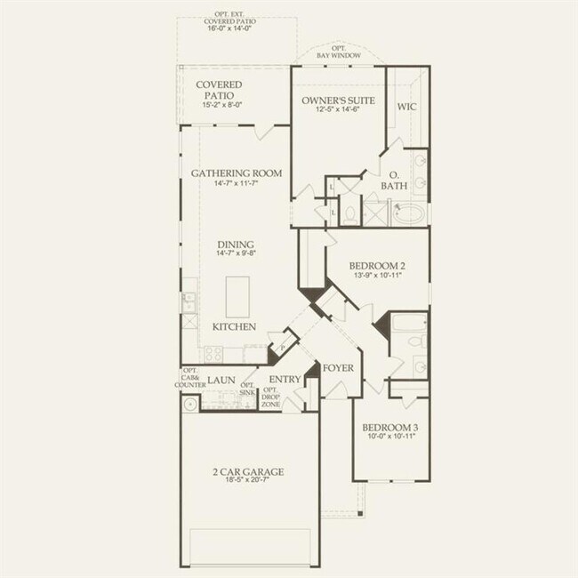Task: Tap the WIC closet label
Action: [x=406, y=107]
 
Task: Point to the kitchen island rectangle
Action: [x=237, y=296]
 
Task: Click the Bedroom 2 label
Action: [x=377, y=266]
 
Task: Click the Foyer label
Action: [x=339, y=367]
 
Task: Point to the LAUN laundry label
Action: [x=221, y=380]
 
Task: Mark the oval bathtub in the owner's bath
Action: [x=408, y=214]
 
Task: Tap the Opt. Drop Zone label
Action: [x=271, y=397]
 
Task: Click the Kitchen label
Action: [x=234, y=327]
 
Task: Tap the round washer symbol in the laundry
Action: [x=190, y=404]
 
